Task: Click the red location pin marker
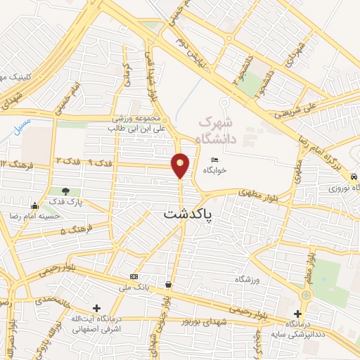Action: [181, 165]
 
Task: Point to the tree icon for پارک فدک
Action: [65, 191]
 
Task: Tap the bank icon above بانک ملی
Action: [134, 277]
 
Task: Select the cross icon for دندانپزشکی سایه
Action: [298, 314]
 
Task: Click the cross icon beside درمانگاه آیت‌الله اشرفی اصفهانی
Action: [96, 308]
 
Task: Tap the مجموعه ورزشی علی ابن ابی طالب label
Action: [141, 124]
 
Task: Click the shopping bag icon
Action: [168, 285]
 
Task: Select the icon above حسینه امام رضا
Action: [34, 205]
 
